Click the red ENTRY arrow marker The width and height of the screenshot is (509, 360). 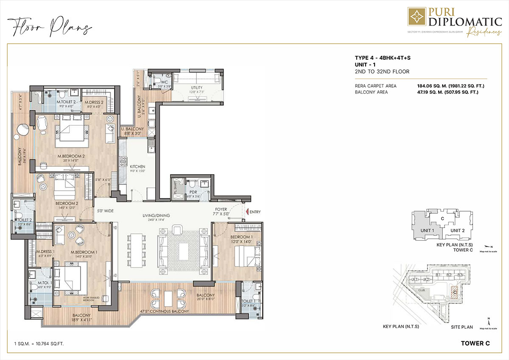(246, 212)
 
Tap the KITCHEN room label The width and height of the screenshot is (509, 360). (137, 167)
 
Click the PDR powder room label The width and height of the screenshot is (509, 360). (193, 192)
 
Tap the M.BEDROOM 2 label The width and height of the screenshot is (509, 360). (71, 156)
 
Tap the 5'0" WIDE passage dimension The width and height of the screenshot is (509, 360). (106, 210)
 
